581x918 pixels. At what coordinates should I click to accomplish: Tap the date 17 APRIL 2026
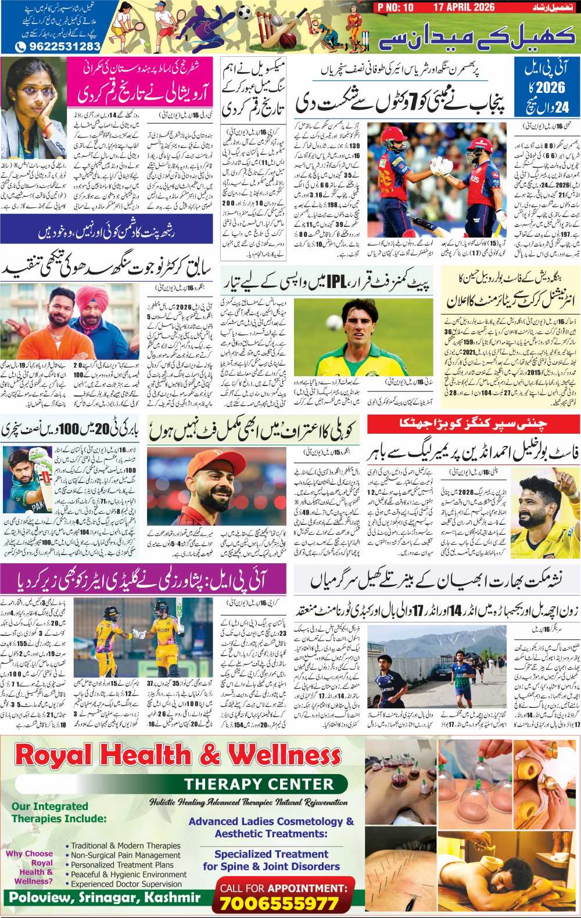tap(463, 7)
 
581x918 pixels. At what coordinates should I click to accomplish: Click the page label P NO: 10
tap(395, 7)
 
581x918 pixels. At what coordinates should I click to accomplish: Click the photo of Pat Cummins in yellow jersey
tap(363, 337)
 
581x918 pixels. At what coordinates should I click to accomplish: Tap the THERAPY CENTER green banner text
tap(259, 784)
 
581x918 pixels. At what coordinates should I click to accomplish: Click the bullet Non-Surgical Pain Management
tap(125, 855)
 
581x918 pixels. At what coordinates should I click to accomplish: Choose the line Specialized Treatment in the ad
tap(271, 854)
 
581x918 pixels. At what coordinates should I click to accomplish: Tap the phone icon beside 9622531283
tap(20, 46)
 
